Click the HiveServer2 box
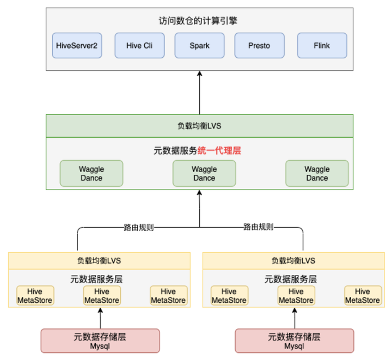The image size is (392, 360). [77, 46]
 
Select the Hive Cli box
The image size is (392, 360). [139, 46]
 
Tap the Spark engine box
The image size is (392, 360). [199, 46]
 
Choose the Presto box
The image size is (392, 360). [259, 46]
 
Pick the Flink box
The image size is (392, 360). [322, 46]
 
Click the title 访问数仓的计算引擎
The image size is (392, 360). [199, 21]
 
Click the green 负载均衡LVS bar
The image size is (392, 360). [199, 126]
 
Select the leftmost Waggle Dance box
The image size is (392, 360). [91, 173]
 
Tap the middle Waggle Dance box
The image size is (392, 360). [204, 173]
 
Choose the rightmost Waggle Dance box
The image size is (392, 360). [317, 173]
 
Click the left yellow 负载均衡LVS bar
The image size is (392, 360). [99, 260]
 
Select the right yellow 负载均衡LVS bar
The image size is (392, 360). [293, 260]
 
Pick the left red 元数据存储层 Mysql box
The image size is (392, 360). [100, 341]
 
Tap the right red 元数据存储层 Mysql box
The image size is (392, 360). [295, 341]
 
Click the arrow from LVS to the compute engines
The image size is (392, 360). [199, 93]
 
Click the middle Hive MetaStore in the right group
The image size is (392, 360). [296, 296]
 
